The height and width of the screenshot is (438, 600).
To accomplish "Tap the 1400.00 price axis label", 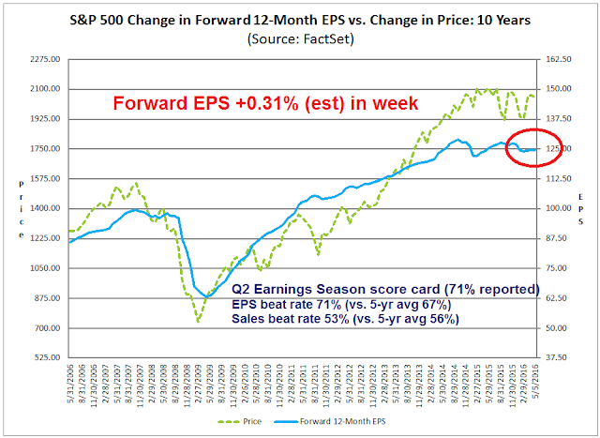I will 45,208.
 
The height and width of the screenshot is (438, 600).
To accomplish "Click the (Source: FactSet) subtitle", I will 299,39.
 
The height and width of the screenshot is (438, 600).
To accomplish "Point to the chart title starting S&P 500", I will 299,20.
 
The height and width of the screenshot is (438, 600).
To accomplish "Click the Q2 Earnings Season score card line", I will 385,288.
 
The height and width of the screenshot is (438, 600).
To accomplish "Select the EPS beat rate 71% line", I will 340,303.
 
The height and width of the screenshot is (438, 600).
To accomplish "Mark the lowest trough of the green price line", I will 198,322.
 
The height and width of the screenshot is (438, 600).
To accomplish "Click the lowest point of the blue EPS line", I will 205,296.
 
